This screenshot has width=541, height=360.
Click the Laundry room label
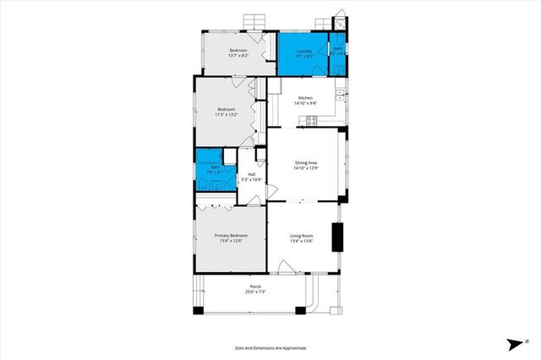point(304,51)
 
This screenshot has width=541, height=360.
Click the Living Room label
point(302,236)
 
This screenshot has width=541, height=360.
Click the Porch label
point(255,287)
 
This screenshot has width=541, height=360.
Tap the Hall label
point(252,174)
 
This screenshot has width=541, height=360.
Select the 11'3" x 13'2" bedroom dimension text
point(227,114)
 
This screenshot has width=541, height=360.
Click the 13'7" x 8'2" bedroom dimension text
point(238,56)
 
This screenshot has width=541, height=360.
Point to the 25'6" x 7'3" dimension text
point(255,292)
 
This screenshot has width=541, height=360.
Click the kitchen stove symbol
point(311,120)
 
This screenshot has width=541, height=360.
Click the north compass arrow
point(513,344)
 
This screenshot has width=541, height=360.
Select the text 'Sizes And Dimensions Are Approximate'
point(270,347)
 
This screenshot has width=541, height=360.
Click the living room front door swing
point(286,268)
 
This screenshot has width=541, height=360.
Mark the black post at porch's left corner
point(197,311)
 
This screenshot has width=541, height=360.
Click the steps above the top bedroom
point(253,21)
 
